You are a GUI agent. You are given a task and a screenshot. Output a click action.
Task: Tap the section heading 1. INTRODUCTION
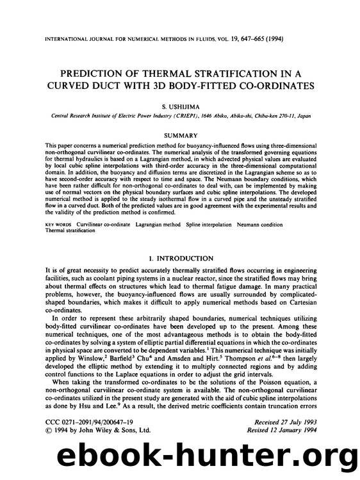coord(180,258)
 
